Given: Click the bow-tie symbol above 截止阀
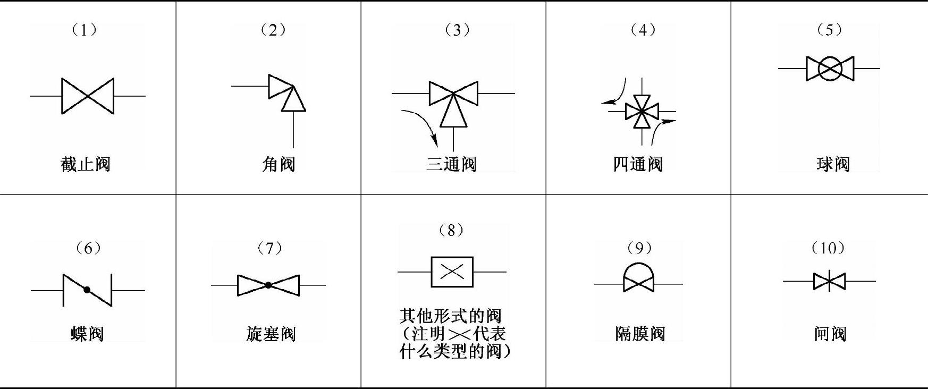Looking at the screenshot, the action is click(x=88, y=96).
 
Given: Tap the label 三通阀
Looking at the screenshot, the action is click(x=451, y=164).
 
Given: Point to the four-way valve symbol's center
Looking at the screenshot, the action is click(x=642, y=112).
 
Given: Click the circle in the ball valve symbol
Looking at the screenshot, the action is click(x=830, y=69).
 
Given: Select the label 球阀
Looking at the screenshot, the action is click(x=833, y=164).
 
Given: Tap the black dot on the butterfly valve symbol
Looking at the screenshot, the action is click(x=87, y=290).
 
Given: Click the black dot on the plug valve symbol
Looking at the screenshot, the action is click(x=268, y=285).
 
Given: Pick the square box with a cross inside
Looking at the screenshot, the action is click(x=452, y=272).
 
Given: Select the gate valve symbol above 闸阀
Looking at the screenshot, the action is click(x=829, y=281).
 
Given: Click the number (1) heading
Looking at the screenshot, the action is click(x=85, y=30).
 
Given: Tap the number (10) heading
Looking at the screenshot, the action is click(x=828, y=248).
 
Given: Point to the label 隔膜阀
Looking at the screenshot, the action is click(x=640, y=334).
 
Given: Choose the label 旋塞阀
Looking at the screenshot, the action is click(x=271, y=334).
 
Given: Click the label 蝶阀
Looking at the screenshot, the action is click(x=87, y=334).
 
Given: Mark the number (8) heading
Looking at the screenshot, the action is click(x=451, y=230).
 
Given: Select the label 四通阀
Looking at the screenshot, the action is click(x=638, y=164).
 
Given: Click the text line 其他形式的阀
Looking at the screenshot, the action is click(x=450, y=316).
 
